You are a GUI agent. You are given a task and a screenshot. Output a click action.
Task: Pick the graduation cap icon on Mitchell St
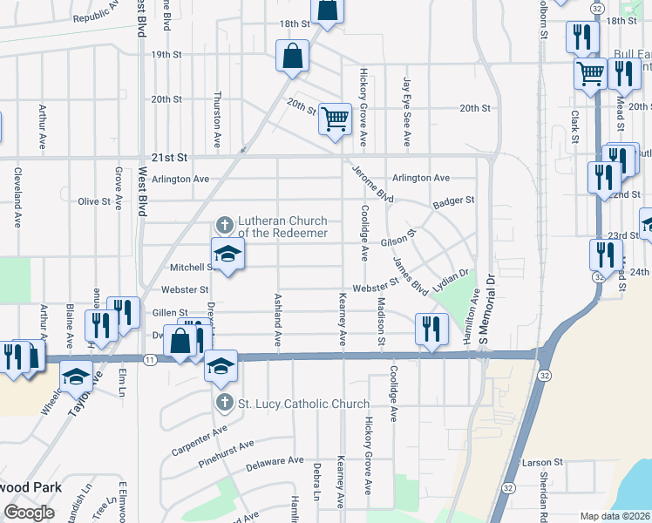coord(228,254)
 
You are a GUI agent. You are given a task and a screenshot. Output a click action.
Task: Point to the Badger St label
coord(452,200)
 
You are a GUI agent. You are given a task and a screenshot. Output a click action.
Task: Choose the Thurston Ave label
coord(217,119)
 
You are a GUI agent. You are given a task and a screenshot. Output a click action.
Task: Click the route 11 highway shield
coord(151,359)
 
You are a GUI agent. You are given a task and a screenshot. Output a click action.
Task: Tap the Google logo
coord(29,513)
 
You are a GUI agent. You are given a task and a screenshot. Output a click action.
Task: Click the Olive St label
coord(94,201)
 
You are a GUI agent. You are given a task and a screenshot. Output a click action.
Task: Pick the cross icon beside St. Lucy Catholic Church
coord(224,402)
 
